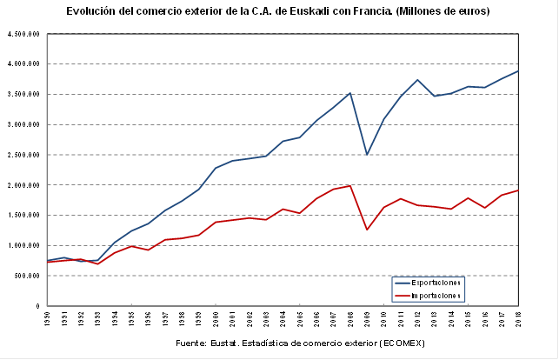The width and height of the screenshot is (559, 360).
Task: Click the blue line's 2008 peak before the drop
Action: [x=350, y=93]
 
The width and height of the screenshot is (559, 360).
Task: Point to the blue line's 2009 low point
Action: [x=367, y=154]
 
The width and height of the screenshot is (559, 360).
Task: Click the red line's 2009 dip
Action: [x=367, y=230]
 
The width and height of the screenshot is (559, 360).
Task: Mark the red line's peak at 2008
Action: [x=350, y=185]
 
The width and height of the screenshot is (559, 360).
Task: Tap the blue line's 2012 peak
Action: [x=417, y=80]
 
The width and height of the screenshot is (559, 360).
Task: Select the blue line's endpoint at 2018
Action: [x=518, y=71]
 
